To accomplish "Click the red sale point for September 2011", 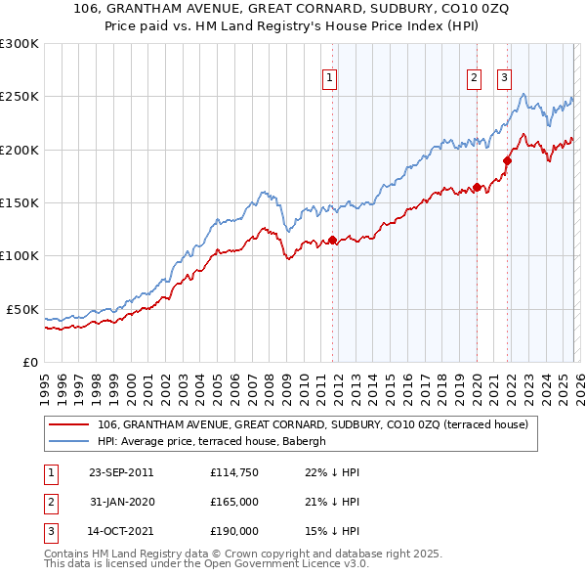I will (x=332, y=240).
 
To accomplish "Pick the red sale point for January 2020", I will (x=477, y=187).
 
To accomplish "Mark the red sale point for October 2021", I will (x=507, y=160).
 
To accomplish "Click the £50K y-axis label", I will (x=22, y=309).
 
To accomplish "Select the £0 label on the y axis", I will (x=29, y=362).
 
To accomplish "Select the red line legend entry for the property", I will (x=313, y=424).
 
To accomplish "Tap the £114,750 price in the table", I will (x=233, y=472).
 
